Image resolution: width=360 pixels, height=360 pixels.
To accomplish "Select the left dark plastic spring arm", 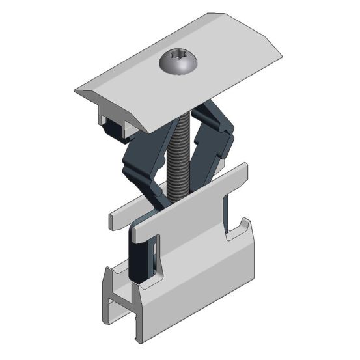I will tap(140, 163).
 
